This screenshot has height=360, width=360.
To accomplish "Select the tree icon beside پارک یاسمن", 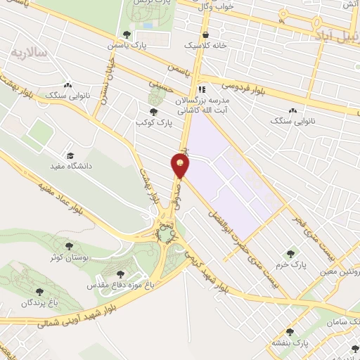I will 127,34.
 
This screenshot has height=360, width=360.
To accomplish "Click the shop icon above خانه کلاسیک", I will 205,34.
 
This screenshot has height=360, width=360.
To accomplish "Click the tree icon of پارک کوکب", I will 153,111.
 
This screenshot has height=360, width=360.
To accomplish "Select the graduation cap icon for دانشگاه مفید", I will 70,156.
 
